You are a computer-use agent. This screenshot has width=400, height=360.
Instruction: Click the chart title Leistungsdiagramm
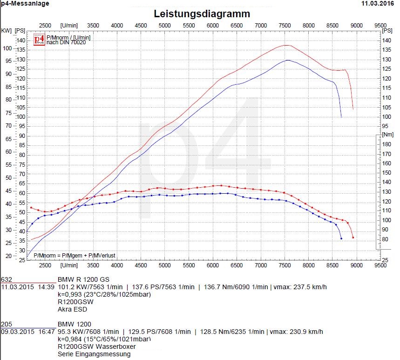click(202, 14)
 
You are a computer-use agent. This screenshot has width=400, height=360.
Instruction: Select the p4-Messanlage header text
click(25, 3)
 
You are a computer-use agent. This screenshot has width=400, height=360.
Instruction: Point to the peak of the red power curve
click(286, 45)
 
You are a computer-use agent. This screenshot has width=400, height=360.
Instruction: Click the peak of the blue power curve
click(288, 60)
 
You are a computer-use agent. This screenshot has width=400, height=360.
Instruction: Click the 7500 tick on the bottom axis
click(284, 265)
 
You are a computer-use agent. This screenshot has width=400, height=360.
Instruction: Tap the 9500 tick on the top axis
click(380, 25)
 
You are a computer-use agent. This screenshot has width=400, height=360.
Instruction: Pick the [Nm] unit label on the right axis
click(387, 134)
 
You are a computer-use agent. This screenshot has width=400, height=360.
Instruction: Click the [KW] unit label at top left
click(7, 31)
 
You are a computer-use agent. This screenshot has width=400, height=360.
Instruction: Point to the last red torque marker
click(353, 238)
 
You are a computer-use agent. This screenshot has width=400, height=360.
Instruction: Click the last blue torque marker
click(341, 238)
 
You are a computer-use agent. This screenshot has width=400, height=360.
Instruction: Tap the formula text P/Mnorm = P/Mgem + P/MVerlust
click(75, 256)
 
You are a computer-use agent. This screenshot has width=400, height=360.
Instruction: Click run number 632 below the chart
click(7, 279)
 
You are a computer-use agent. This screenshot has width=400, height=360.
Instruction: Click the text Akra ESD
click(72, 309)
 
